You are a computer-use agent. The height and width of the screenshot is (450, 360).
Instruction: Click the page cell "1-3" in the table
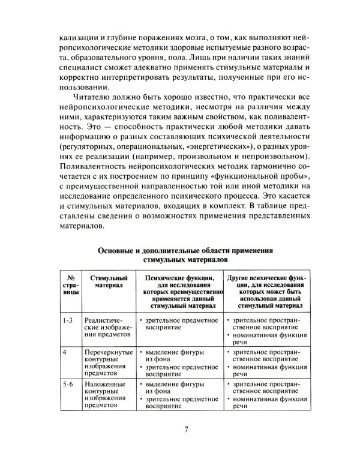67,320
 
